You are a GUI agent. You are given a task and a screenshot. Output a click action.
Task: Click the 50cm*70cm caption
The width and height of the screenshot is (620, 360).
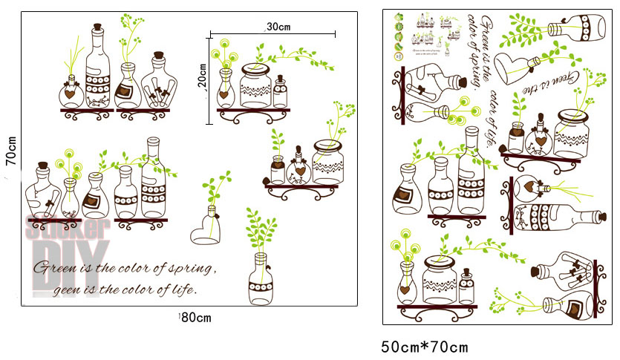(x=425, y=347)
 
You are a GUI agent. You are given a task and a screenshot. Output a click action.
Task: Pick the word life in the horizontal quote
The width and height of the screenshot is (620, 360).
(x=182, y=289)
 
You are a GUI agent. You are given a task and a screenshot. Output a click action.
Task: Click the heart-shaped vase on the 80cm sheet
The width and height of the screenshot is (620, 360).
(x=208, y=230)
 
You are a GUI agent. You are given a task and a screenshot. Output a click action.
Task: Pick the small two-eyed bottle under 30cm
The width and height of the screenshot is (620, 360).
(x=281, y=92)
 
